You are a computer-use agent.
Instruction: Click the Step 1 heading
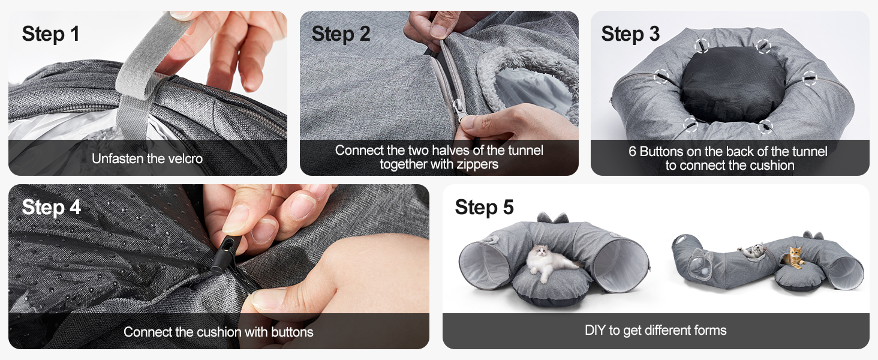pos(50,34)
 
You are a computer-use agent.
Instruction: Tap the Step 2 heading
pos(341,34)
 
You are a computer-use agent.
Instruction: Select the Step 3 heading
pos(630,34)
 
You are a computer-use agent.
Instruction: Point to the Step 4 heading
pos(51,207)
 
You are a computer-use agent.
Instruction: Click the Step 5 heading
pos(484,207)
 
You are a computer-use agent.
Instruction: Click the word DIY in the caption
pos(595,330)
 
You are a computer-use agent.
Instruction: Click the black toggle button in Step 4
pos(224,255)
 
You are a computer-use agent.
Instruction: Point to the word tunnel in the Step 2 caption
pos(525,150)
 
